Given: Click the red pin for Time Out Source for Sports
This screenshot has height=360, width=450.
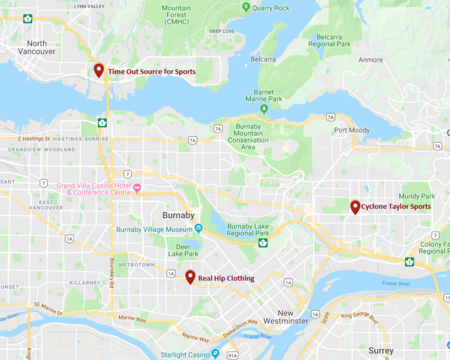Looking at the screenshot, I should [x=98, y=70].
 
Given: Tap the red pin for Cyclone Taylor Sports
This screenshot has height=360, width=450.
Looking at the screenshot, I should [x=355, y=206].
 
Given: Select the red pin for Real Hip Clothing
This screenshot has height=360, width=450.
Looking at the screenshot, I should [x=190, y=277].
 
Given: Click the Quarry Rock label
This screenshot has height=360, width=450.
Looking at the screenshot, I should [x=270, y=8].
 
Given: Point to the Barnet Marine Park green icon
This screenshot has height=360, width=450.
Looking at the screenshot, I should [x=264, y=108].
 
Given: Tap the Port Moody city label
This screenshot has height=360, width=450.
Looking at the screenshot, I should [x=352, y=130].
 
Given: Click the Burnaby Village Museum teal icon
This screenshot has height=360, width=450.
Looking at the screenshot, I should [x=199, y=228].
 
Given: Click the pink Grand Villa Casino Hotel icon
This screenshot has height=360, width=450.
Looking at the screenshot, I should [x=138, y=188].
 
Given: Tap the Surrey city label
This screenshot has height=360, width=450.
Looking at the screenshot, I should [x=381, y=351].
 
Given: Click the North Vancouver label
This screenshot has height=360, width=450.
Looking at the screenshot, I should [x=37, y=47].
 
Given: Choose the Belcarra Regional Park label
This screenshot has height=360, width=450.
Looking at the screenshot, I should [x=329, y=40].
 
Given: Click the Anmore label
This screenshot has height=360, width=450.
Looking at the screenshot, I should [x=370, y=60].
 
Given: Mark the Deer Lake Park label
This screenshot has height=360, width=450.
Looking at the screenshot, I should [x=183, y=250].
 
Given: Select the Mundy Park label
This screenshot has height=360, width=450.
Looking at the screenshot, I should [x=417, y=196].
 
